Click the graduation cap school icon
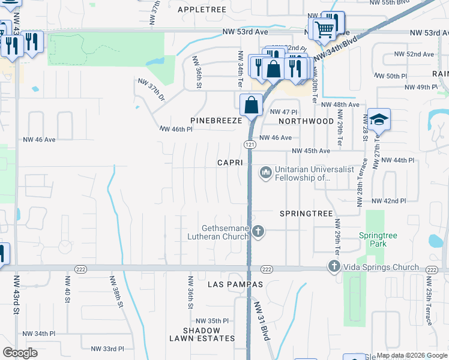click(x=379, y=120)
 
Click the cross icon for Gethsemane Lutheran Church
click(x=258, y=232)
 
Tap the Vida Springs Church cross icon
click(x=334, y=266)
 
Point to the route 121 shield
click(x=250, y=145)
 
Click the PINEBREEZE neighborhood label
click(x=215, y=121)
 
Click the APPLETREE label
click(x=202, y=10)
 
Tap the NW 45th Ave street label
click(x=311, y=151)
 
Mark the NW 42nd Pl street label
click(x=388, y=201)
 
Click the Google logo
click(x=20, y=353)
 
